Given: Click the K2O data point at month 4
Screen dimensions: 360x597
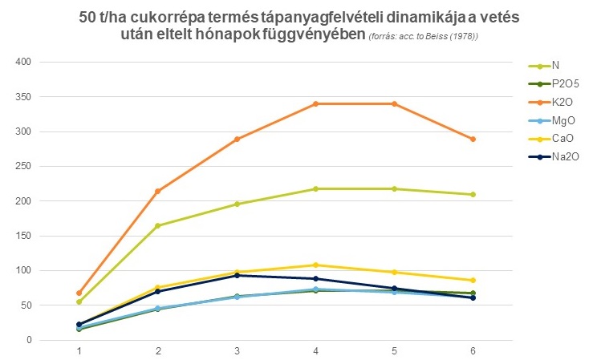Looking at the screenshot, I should pyautogui.click(x=316, y=103).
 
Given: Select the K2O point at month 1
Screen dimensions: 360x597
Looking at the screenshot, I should pyautogui.click(x=79, y=293).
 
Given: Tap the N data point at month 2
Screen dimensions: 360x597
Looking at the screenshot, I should pyautogui.click(x=158, y=226).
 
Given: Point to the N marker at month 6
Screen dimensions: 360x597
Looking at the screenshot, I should pyautogui.click(x=473, y=194).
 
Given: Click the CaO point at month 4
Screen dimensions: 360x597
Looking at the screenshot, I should pyautogui.click(x=316, y=265).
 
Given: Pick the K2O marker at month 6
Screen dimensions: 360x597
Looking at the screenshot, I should pyautogui.click(x=473, y=139).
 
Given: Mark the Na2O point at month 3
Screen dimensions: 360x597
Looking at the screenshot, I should pyautogui.click(x=237, y=275).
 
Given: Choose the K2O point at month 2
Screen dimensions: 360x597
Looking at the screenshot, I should pyautogui.click(x=158, y=191).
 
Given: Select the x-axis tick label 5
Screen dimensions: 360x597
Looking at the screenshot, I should pyautogui.click(x=395, y=351).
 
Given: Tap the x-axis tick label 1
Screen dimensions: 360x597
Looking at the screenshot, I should pyautogui.click(x=79, y=351).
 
